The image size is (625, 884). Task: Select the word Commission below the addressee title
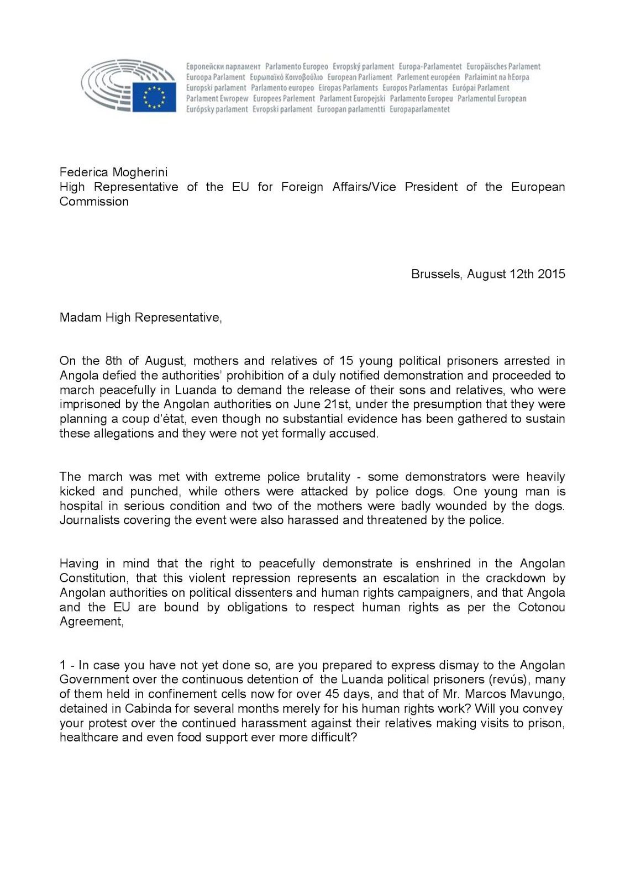94,202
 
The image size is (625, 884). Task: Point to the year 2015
552,274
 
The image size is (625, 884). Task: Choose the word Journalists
89,520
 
